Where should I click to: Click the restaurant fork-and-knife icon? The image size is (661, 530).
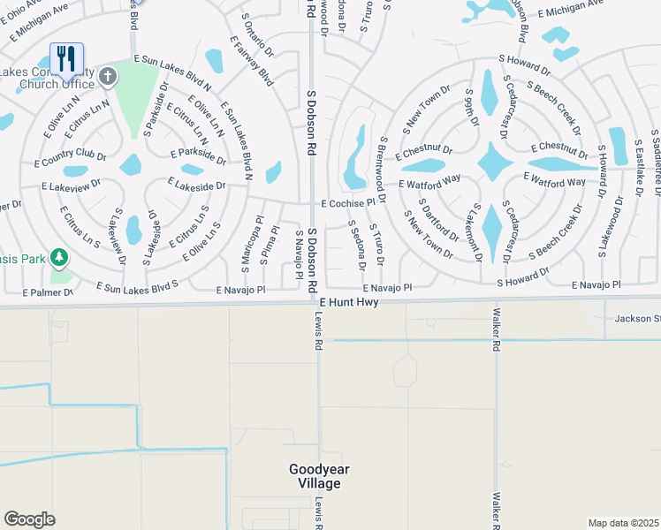pyautogui.click(x=66, y=59)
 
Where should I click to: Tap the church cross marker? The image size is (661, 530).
pyautogui.click(x=109, y=77)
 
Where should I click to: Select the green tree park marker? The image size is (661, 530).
pyautogui.click(x=60, y=257)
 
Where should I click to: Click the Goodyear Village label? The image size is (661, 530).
pyautogui.click(x=315, y=476)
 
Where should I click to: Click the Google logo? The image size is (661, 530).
pyautogui.click(x=29, y=519)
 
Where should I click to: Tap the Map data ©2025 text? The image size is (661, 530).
pyautogui.click(x=623, y=523)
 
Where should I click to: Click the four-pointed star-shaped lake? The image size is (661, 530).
pyautogui.click(x=496, y=163)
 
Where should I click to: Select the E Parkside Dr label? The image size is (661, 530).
pyautogui.click(x=202, y=155)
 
